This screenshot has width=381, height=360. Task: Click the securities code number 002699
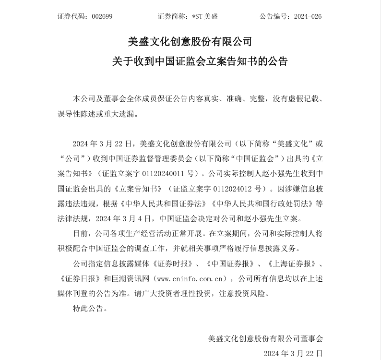pos(102,16)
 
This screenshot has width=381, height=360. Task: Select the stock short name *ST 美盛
pos(204,16)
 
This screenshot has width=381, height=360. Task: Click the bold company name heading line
pos(190,41)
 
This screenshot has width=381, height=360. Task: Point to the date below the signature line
pos(293,354)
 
